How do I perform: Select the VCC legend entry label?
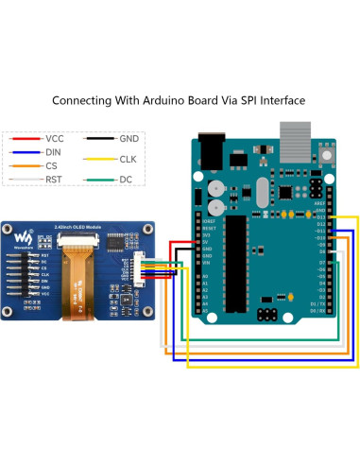tap(55, 139)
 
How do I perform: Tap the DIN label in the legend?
tap(54, 151)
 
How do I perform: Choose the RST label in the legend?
tap(54, 177)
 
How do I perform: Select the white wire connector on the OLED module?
tap(140, 267)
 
